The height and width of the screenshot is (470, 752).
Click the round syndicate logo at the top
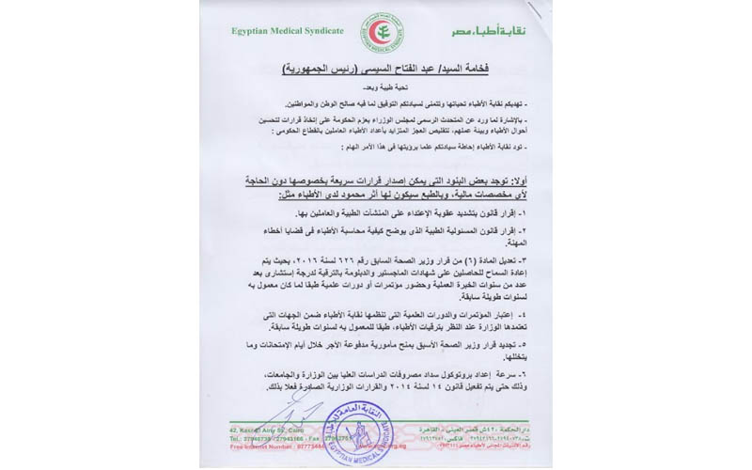click(x=375, y=29)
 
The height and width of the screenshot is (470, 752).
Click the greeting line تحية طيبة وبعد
click(x=376, y=93)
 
